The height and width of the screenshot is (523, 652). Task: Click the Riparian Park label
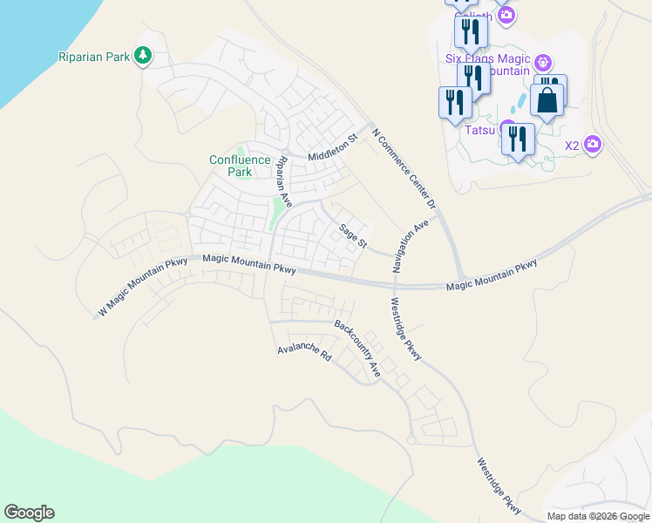click(93, 58)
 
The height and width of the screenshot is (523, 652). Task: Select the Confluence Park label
click(230, 166)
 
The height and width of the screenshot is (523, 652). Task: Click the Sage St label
click(354, 234)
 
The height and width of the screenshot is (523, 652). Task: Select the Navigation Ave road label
click(411, 247)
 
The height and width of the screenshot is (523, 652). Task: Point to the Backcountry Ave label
click(358, 348)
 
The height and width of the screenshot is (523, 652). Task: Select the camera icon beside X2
click(593, 144)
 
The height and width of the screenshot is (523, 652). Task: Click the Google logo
click(29, 513)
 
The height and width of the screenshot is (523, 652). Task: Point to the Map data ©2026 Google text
click(598, 516)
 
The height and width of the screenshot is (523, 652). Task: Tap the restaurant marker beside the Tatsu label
click(519, 139)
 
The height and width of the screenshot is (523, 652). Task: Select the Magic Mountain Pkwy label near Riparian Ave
click(249, 263)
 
